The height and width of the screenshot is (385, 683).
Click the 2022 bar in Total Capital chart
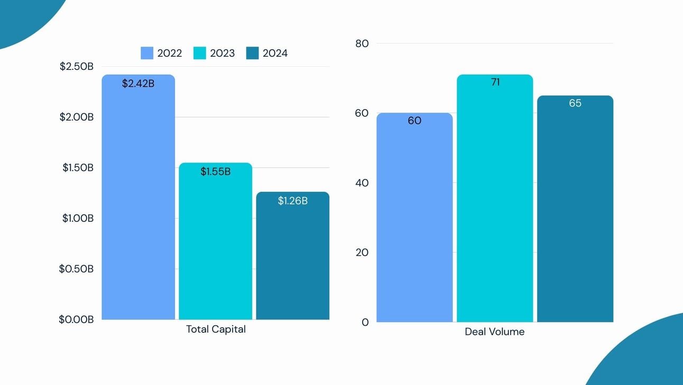tap(138, 201)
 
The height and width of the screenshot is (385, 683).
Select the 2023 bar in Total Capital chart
tap(215, 244)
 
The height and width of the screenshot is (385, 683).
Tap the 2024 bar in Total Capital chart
tap(292, 259)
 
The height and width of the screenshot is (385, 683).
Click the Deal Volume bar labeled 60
tap(414, 222)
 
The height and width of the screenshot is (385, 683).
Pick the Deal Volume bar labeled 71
tap(495, 201)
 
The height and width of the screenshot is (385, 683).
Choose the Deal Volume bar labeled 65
tap(575, 212)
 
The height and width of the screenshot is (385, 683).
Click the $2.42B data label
tap(138, 84)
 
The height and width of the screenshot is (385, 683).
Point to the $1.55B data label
tap(215, 172)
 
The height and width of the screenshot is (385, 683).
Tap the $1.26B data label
tap(292, 201)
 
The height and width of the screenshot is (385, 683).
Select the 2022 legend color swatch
tap(147, 53)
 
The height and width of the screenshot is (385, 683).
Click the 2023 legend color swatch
tap(200, 53)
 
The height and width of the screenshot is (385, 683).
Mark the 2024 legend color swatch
tap(253, 53)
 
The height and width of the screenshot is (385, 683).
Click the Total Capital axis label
tap(216, 329)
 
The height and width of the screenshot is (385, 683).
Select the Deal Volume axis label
tap(494, 332)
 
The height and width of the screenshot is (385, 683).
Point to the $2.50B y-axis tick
tap(77, 67)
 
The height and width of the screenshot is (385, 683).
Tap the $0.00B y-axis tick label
tap(76, 319)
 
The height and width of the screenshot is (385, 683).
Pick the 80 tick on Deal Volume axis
tap(362, 43)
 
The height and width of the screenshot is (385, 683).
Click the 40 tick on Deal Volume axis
tap(362, 183)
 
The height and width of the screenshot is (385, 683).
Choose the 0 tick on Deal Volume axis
tap(365, 322)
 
